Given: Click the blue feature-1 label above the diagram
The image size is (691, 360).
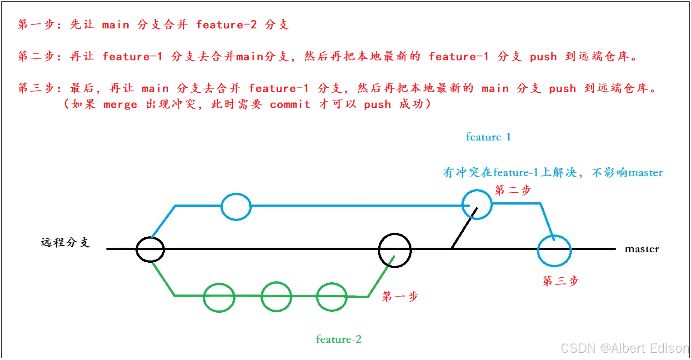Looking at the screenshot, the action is coord(488,137).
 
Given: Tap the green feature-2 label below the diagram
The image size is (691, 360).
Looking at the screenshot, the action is coord(339,339).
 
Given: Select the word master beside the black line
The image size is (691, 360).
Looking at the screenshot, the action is coord(641,249).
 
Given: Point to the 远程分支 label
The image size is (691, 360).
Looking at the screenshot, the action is coord(65,242).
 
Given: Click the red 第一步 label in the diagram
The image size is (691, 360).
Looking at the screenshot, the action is coord(400,296).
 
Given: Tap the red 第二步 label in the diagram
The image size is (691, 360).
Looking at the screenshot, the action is coord(513,190).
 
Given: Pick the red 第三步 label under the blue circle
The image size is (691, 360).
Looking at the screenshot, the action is coord(561,281).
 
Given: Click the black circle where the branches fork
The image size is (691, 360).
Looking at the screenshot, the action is coord(150,250).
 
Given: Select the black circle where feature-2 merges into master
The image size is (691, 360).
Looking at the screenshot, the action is coord(395,250).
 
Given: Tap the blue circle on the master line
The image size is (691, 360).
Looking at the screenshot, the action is coord(554,250).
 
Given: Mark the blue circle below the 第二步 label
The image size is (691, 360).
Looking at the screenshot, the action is coord(477,204).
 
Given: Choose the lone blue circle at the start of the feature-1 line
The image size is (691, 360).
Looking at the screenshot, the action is coord(236,206).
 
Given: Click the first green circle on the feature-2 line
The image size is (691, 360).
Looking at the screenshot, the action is coord(219,298).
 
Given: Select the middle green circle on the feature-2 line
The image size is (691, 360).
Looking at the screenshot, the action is coord(276,297).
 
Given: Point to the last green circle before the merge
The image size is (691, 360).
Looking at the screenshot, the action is coord(332,297).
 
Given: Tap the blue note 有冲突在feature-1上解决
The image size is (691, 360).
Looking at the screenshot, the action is coord(552,173).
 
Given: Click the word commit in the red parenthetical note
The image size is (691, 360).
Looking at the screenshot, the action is coord(290,105).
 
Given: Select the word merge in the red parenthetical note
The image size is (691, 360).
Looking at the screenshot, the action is coord(120,105).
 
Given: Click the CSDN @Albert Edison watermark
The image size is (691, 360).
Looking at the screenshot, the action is coord(625,348).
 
